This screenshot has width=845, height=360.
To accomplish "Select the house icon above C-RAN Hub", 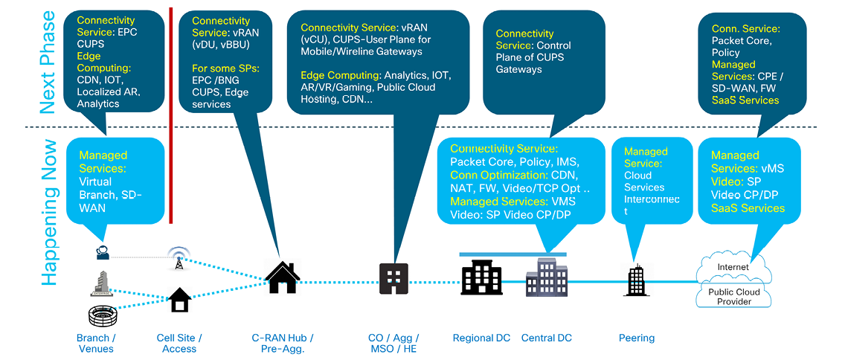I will pos(282,277).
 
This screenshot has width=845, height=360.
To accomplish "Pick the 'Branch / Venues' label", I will pos(95,343).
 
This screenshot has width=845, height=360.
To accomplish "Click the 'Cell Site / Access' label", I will pos(179,343).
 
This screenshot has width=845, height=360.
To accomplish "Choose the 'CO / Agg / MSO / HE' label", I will pos(394,343).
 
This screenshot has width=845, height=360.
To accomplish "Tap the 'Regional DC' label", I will pos(481,338).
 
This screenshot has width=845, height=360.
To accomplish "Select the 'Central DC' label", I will pos(547,338).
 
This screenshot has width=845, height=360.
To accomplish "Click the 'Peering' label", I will pos(637,338).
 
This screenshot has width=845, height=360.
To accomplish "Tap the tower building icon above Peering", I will pos(636,280).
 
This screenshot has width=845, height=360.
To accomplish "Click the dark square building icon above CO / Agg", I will pos(394,279).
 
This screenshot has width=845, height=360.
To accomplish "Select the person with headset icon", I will pos(103,253).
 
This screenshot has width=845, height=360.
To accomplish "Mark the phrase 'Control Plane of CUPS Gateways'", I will pos(533,57).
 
